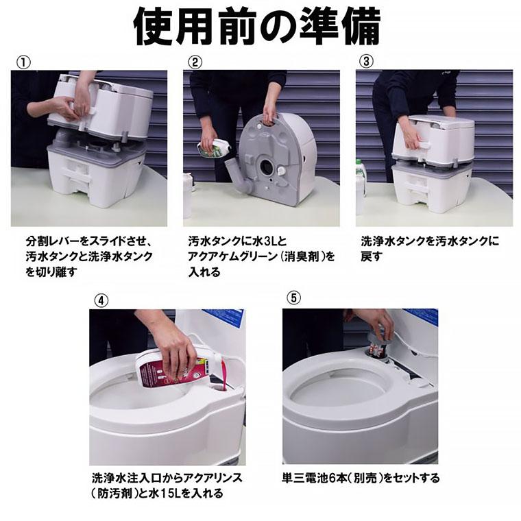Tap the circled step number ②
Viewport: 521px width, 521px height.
pyautogui.click(x=196, y=62)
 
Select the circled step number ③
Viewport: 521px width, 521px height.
pyautogui.click(x=367, y=62)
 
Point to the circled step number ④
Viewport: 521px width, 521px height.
pyautogui.click(x=101, y=300)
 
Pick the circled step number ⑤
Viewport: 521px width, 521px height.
pyautogui.click(x=294, y=300)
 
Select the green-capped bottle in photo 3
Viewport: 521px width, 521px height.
pyautogui.click(x=360, y=185)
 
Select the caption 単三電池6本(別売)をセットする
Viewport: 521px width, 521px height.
pyautogui.click(x=361, y=478)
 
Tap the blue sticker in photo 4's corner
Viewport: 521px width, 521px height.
pyautogui.click(x=230, y=317)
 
